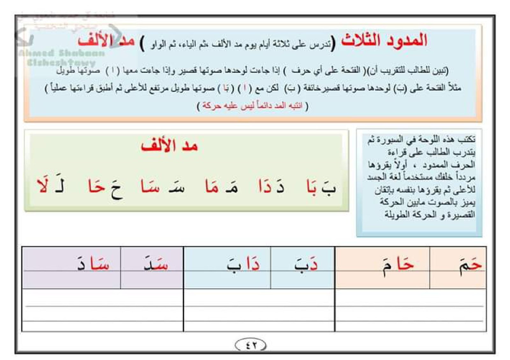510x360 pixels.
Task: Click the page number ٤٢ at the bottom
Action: coord(251,345)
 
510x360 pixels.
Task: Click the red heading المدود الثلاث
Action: coord(384,41)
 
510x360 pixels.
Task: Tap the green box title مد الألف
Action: coord(170,146)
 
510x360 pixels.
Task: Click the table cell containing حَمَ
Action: coord(458,267)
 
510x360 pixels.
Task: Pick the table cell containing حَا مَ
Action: coord(382,267)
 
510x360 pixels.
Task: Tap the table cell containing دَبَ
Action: coord(303,267)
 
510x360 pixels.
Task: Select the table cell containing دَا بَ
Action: coord(227,267)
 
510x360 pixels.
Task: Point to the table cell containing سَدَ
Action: coord(152,267)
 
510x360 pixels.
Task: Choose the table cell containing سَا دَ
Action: coord(71,267)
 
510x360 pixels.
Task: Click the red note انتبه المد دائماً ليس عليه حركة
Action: coord(252,105)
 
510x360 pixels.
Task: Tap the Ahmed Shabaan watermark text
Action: coord(62,53)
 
